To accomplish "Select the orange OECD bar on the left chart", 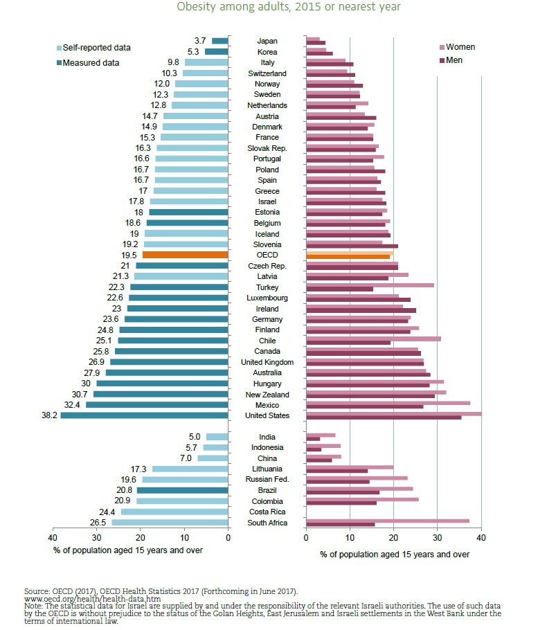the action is click(x=186, y=255).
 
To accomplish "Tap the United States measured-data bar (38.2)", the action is click(x=144, y=415).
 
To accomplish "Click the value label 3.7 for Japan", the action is click(x=200, y=41).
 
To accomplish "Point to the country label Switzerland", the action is click(x=267, y=73).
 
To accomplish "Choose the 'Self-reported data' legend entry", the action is click(x=93, y=47).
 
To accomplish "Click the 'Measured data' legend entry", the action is click(x=88, y=63).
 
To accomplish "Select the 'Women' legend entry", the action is click(x=458, y=47).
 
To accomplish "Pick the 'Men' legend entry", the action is click(x=451, y=60).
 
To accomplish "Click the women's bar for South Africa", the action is click(x=388, y=521).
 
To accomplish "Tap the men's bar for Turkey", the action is click(x=339, y=289).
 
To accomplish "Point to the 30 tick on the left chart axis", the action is click(x=96, y=538).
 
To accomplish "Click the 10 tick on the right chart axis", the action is click(x=350, y=538).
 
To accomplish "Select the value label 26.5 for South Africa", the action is click(x=98, y=522).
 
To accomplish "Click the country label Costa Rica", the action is click(x=267, y=512).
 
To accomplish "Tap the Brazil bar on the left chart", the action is click(x=182, y=490).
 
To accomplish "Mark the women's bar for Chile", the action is click(x=373, y=339).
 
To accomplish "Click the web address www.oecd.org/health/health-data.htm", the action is click(x=92, y=599).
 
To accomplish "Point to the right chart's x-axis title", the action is click(x=395, y=555).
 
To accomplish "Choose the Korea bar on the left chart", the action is click(x=217, y=51).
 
